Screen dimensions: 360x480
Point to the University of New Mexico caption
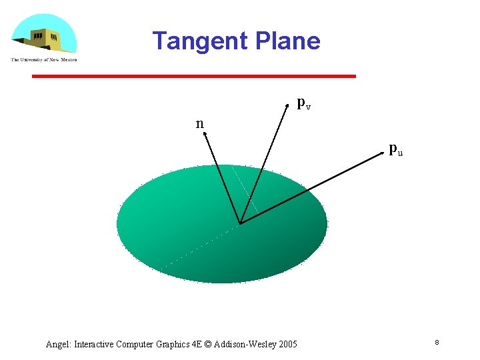(43, 59)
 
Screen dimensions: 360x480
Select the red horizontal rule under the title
(194, 77)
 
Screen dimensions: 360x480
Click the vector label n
(199, 123)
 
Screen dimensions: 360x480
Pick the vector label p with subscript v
(303, 103)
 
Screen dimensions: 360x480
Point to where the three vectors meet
(240, 223)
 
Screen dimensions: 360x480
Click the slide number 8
(436, 342)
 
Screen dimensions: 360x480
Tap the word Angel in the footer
(58, 345)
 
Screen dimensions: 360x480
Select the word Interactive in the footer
(94, 345)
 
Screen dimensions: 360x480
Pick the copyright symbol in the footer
(209, 345)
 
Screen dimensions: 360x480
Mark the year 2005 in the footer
(287, 345)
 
